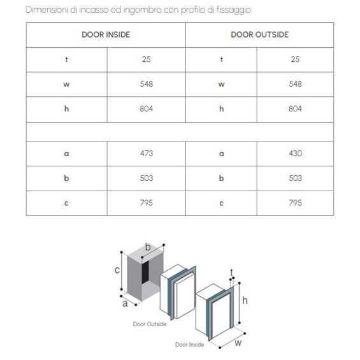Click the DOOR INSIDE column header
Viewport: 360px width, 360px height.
(106, 34)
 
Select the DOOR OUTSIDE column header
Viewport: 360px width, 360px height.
(259, 34)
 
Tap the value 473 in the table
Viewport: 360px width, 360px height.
(147, 154)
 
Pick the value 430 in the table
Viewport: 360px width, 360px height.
(295, 154)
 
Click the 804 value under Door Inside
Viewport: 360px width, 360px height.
(147, 109)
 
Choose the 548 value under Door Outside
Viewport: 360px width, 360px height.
(295, 84)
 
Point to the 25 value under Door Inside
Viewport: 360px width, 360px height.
(147, 59)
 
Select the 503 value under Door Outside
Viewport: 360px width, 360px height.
(295, 178)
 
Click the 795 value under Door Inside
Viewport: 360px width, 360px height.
(147, 203)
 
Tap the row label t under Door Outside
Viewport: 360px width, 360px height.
(221, 59)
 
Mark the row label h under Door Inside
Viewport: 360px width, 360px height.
(66, 109)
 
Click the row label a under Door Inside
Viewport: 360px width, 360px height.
(66, 154)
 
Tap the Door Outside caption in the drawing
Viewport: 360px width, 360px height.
(150, 324)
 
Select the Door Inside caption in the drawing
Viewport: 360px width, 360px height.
(190, 345)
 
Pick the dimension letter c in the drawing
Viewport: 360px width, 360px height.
(117, 270)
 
